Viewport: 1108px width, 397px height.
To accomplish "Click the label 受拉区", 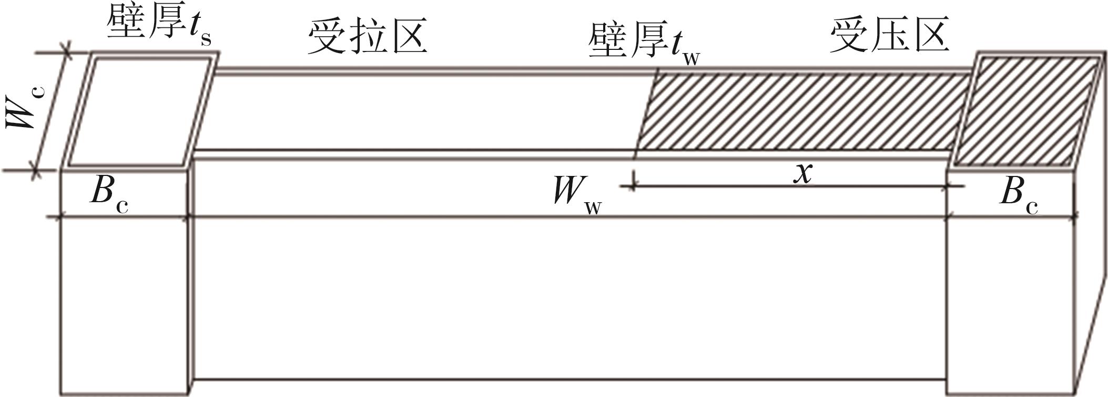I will tap(367, 37).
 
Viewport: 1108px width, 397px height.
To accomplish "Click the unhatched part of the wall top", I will tap(421, 113).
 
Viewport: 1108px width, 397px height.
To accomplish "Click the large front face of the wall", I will tap(568, 305).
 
